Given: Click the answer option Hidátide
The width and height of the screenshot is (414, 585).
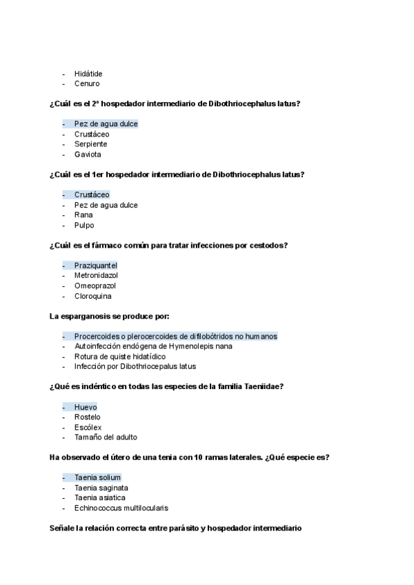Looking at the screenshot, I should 88,74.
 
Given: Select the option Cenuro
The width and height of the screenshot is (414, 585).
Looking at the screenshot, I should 87,84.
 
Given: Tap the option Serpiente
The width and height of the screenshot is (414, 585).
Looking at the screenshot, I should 90,144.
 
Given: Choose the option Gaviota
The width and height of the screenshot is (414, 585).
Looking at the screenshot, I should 88,155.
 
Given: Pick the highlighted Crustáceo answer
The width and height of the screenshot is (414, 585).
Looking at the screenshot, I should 92,195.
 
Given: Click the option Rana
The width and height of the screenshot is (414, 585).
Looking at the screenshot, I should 83,215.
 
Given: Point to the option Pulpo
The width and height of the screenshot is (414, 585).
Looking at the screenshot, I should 84,226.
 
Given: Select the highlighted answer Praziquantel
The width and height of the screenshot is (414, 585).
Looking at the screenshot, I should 96,266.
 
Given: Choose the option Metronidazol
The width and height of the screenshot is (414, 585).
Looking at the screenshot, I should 96,275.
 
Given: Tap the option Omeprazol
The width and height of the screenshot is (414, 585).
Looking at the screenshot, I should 95,286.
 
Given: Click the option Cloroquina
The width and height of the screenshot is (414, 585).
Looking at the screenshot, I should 92,296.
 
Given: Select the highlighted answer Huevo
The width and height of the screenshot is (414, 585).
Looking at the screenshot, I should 86,407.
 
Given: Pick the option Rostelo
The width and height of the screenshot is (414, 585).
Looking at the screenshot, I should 87,417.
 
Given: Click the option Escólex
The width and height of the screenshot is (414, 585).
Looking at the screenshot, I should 88,427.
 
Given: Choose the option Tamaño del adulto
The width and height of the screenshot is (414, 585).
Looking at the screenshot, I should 106,437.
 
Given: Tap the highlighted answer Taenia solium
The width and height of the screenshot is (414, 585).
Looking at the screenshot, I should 97,477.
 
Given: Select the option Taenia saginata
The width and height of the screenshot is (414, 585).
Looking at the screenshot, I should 101,488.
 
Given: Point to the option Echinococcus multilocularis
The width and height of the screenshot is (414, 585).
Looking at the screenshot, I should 121,508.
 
